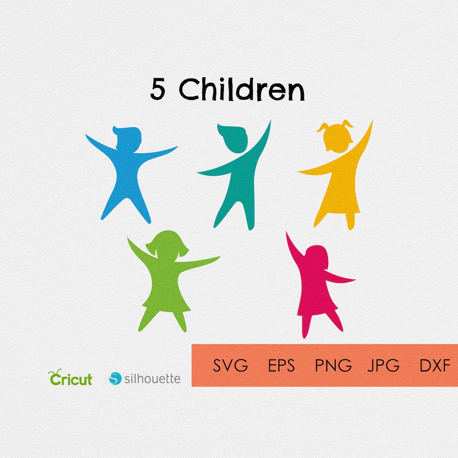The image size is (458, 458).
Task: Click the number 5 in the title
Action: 157,89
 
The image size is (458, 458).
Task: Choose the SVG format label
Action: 230,365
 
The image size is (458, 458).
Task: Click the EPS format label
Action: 281,365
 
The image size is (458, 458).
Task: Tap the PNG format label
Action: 333,365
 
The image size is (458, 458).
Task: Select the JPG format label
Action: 383,365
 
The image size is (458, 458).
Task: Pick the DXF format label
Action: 435,365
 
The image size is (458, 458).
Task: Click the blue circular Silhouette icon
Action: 115,378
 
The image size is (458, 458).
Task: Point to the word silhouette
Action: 152,378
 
